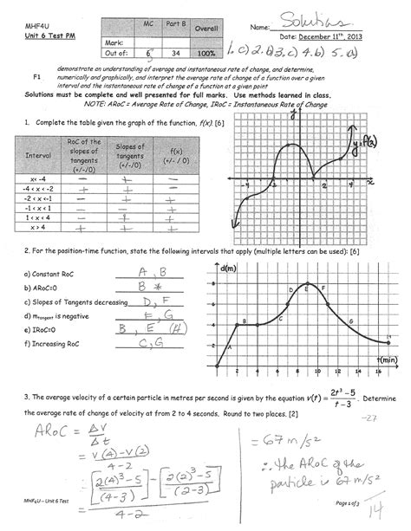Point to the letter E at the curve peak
pos(305,288)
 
